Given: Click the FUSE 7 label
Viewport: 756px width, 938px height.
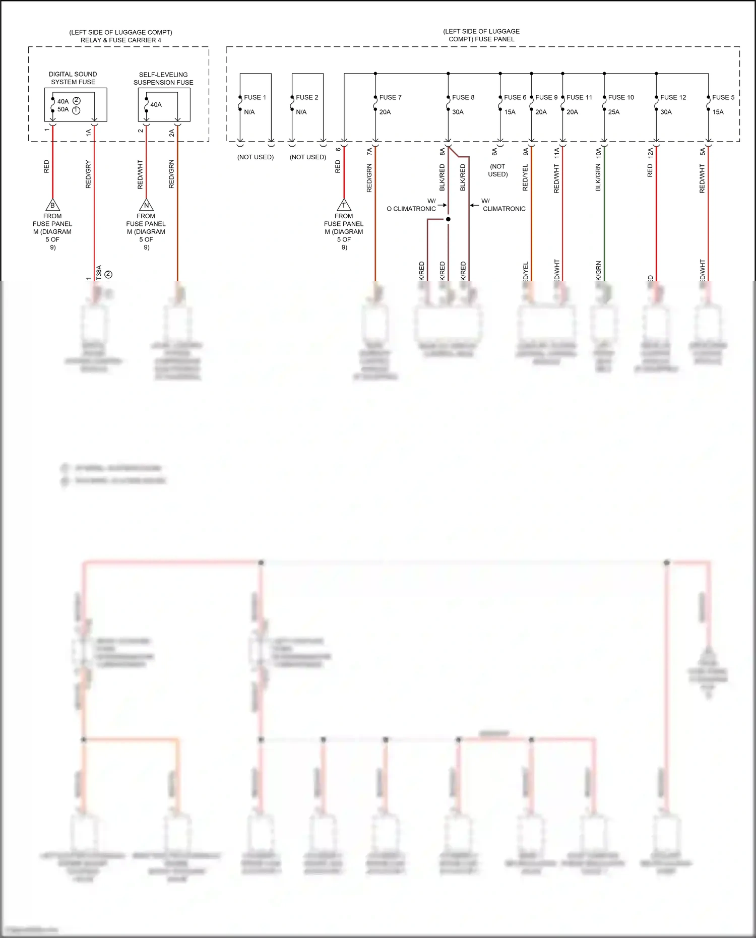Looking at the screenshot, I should click(390, 97).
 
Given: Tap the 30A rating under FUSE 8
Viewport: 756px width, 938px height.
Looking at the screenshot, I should click(458, 112).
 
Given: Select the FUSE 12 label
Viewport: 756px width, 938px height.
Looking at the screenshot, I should click(673, 97).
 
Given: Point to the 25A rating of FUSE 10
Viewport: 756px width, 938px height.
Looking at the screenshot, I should click(613, 112).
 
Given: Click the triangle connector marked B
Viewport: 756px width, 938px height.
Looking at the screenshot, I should click(52, 205).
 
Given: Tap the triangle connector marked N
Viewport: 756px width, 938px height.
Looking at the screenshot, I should click(146, 205).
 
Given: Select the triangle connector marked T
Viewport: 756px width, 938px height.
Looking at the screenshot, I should click(344, 205).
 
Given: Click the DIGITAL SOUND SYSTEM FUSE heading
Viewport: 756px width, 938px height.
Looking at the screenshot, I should click(73, 78).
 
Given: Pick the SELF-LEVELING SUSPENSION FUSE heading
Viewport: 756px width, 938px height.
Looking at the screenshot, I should click(163, 79).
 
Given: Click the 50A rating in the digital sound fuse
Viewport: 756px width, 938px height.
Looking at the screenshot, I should click(63, 109).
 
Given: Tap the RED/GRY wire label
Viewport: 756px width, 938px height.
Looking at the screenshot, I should click(89, 174).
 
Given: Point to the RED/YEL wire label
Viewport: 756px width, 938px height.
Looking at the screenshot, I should click(525, 177).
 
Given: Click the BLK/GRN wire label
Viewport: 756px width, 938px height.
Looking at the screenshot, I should click(598, 177).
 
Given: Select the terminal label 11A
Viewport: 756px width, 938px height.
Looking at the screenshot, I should click(557, 153).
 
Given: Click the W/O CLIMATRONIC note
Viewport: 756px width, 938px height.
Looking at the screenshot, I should click(411, 205).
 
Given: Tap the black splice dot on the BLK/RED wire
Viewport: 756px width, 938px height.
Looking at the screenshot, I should click(448, 219).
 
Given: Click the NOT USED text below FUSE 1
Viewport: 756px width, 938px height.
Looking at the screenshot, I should click(256, 157).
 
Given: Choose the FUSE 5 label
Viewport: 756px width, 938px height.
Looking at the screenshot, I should click(723, 97).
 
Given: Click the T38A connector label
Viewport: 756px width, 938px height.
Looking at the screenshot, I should click(99, 272).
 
